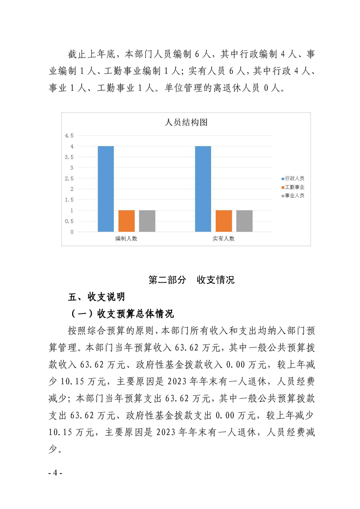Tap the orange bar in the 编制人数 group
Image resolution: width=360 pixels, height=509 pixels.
coord(127,221)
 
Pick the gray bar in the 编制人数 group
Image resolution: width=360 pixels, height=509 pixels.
coord(147,221)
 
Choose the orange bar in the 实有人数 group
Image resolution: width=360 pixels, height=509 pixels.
coord(224,221)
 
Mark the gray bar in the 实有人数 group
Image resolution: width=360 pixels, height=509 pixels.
coord(245,221)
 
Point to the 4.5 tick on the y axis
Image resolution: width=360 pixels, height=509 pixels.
coord(69,136)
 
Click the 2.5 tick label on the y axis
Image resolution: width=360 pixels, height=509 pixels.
coord(69,178)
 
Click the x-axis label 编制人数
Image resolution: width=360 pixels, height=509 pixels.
coord(126,239)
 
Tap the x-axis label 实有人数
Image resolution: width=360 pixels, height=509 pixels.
coord(223,239)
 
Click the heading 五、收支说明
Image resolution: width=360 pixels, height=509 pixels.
coord(96,297)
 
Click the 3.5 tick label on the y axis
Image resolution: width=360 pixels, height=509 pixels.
coord(69,157)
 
